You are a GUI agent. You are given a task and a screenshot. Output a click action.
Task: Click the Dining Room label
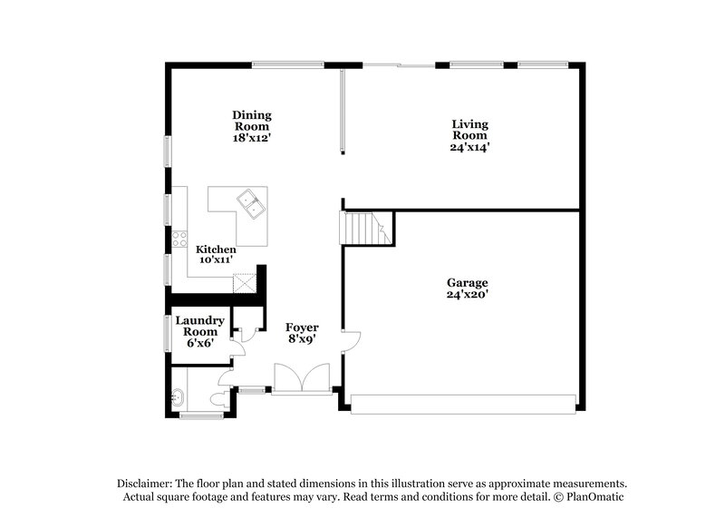[x=252, y=115]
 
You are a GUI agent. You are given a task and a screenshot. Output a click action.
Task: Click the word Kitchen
[x=217, y=249]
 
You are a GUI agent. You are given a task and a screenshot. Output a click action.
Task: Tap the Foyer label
[x=302, y=327]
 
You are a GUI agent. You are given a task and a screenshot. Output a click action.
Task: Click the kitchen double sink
[x=250, y=203]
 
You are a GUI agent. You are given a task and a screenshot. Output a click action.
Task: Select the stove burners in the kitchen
[x=179, y=240]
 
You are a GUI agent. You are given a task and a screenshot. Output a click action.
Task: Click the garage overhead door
[x=463, y=405]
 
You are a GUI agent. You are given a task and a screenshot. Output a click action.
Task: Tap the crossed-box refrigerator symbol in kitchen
[x=244, y=282]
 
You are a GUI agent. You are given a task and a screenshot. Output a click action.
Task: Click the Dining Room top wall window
[x=287, y=64]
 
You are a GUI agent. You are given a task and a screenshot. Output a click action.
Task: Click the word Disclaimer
[x=145, y=484]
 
